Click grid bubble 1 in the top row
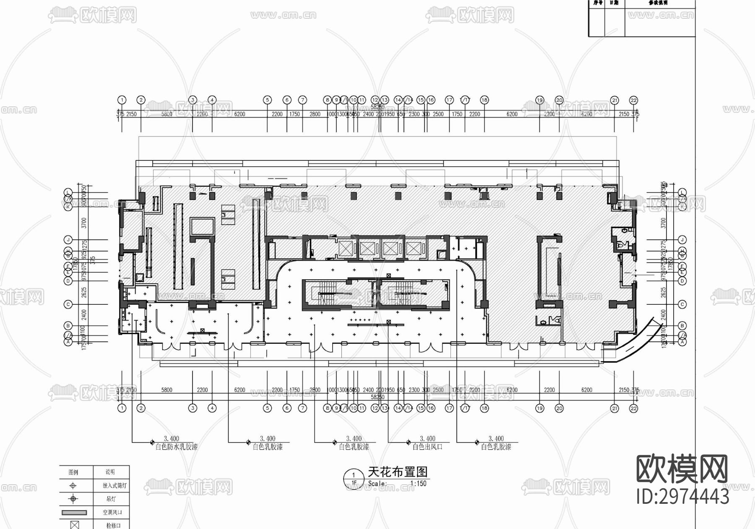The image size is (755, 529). coord(122,100)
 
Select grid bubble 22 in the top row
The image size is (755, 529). coord(633,100)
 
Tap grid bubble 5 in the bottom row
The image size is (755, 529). coord(267,408)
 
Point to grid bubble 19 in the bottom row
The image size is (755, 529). coord(539,408)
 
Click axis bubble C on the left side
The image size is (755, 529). coord(68,304)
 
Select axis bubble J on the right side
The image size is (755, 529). coord(682,240)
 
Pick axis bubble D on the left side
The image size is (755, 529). coord(68,281)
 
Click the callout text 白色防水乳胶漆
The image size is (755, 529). coord(176,447)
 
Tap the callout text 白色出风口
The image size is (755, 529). coord(427,447)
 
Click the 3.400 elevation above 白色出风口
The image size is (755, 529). coord(427,439)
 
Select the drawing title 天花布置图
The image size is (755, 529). coord(398,472)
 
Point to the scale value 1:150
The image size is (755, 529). coord(418,483)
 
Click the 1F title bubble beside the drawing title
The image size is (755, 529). coord(354,479)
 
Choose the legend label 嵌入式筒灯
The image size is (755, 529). coord(115,486)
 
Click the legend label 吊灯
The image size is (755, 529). coord(111,499)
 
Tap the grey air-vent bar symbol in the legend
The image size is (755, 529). coord(74,513)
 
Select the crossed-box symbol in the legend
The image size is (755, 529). coord(74,525)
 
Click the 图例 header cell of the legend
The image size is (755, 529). coord(73,472)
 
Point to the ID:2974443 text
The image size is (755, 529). coord(682,497)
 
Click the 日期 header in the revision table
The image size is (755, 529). coord(614,3)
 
